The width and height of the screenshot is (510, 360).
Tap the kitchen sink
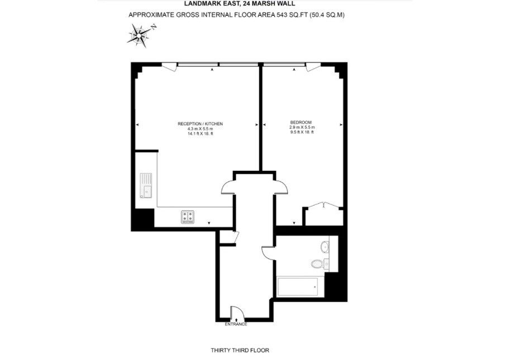tap(146, 185)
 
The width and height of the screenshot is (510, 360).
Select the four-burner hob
tap(188, 217)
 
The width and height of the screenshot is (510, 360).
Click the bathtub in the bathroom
tap(298, 286)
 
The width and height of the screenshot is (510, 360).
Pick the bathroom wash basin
tap(325, 247)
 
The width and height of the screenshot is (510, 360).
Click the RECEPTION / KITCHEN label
tap(200, 124)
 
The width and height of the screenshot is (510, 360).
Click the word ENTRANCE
tap(236, 324)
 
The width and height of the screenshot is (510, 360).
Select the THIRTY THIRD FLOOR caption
tap(240, 351)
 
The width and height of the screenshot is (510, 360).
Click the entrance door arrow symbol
tap(236, 320)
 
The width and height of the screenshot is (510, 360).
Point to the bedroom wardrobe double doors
tap(323, 205)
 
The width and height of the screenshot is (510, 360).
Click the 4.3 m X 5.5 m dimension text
tap(200, 129)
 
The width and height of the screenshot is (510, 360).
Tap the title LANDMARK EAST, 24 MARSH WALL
tap(240, 4)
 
